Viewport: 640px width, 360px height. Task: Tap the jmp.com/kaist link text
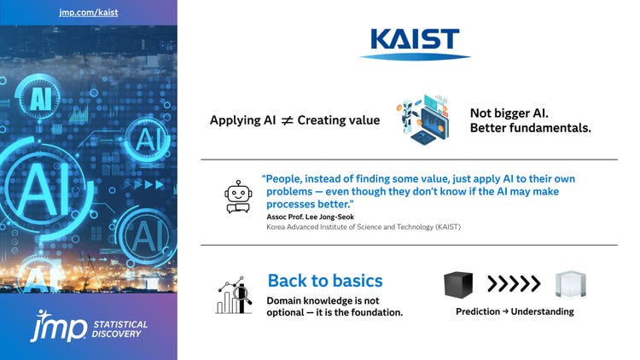point(88,12)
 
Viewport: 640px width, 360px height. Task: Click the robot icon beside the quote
point(236,196)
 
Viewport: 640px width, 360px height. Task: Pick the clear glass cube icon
point(569,284)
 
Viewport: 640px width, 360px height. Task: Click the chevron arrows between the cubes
point(514,284)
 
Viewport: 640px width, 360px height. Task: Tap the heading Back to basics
point(324,281)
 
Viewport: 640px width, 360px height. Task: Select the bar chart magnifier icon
point(235,295)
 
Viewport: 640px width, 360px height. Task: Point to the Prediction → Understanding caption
point(515,311)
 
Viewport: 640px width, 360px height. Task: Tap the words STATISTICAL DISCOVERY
point(119,329)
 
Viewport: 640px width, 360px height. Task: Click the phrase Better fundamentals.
point(530,128)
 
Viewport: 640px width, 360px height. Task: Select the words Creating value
point(338,120)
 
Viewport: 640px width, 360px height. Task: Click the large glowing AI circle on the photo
point(38,183)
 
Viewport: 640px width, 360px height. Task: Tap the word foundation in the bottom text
point(372,312)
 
